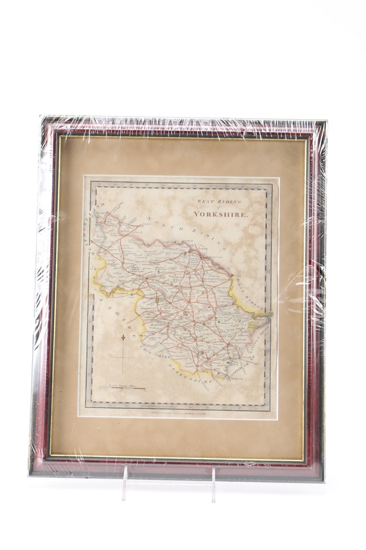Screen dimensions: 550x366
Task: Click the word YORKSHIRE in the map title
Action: (222, 215)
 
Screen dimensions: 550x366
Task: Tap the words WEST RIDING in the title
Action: (215, 201)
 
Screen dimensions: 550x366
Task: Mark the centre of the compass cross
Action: (122, 356)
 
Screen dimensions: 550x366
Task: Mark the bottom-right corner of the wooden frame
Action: (318, 475)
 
